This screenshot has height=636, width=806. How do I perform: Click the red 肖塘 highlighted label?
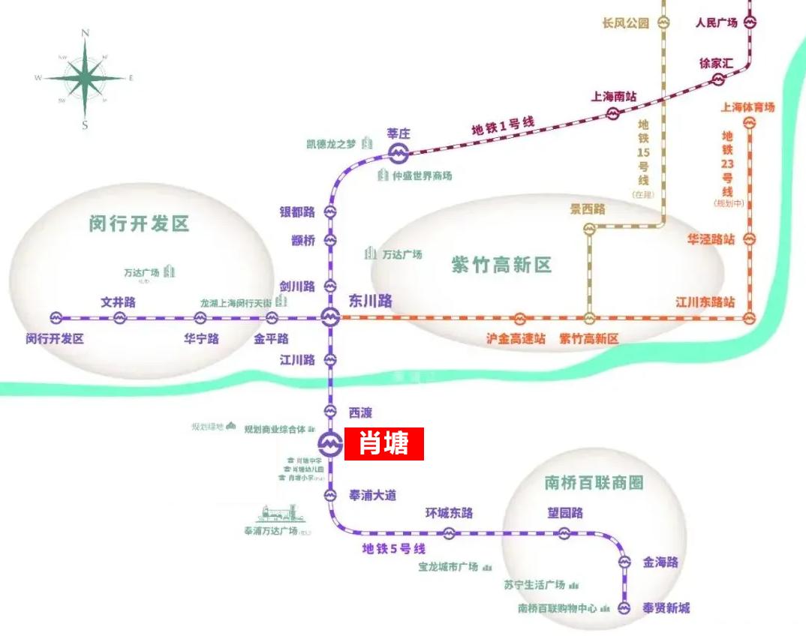tap(384, 443)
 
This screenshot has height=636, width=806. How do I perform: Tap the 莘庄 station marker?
tap(398, 154)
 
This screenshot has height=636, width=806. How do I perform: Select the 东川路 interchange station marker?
tap(330, 317)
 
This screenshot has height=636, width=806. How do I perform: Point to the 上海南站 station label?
tap(614, 97)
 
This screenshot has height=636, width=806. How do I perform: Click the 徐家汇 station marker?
tap(718, 79)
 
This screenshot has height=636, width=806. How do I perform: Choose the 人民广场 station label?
tap(717, 22)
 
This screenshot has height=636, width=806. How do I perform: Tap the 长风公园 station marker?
tap(663, 22)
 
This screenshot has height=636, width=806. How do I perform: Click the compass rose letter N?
tap(86, 33)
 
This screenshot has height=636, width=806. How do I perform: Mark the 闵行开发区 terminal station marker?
tap(57, 318)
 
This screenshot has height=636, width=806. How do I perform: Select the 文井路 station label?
tap(119, 302)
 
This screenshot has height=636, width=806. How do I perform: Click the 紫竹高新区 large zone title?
tap(501, 265)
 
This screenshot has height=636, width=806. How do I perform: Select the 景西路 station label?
tap(588, 210)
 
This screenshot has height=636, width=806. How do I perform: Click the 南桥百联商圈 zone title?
tap(594, 482)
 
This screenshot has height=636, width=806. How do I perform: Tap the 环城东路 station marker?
tap(449, 533)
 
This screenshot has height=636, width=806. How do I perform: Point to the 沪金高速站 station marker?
tap(519, 318)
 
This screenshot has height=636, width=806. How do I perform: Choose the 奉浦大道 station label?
tap(373, 495)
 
